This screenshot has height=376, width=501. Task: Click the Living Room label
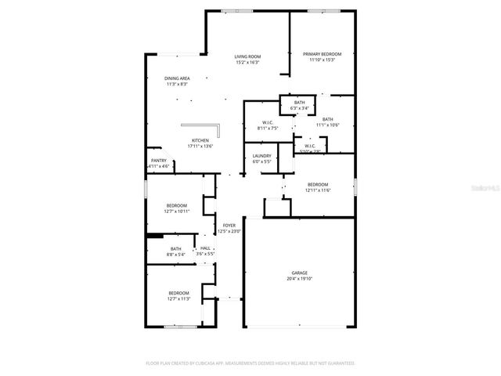[247, 56]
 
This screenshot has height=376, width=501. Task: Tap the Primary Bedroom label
[323, 54]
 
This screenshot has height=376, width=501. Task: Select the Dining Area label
[177, 78]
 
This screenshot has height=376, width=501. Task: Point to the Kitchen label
[200, 141]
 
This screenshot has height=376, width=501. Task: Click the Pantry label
[159, 161]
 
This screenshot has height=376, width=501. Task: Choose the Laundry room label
[261, 156]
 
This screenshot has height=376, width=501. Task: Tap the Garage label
[300, 273]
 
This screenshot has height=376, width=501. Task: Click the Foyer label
[229, 226]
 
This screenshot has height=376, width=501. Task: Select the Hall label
[205, 248]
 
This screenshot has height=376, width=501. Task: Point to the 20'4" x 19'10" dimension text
[300, 278]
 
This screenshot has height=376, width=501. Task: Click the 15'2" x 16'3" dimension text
[247, 62]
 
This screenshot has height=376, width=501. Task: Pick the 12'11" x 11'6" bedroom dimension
[319, 190]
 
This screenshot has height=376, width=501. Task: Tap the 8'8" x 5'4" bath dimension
[175, 255]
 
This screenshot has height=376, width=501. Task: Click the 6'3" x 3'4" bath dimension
[300, 108]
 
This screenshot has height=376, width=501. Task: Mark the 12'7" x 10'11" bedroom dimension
[176, 211]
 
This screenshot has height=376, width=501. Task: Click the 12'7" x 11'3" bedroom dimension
[179, 298]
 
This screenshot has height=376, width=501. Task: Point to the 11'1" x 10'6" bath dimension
[327, 125]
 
